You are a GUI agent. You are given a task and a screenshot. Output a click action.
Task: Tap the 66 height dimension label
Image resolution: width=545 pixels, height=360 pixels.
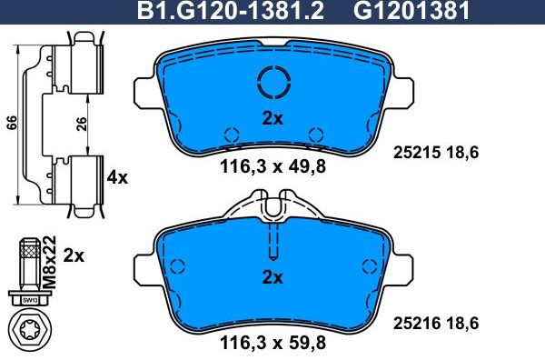coord(10,124)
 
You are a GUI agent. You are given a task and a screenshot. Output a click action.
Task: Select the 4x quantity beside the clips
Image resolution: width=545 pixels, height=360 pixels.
coord(117,178)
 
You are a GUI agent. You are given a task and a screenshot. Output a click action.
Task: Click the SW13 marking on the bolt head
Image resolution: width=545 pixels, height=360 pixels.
coord(29,298)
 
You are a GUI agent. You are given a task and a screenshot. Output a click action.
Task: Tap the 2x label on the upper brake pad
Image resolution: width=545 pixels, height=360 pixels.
coord(272,118)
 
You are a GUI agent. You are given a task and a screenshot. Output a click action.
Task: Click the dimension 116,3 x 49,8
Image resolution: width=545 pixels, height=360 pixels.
coord(272,165)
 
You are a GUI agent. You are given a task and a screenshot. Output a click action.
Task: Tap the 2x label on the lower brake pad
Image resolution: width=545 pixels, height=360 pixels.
coord(272,277)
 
